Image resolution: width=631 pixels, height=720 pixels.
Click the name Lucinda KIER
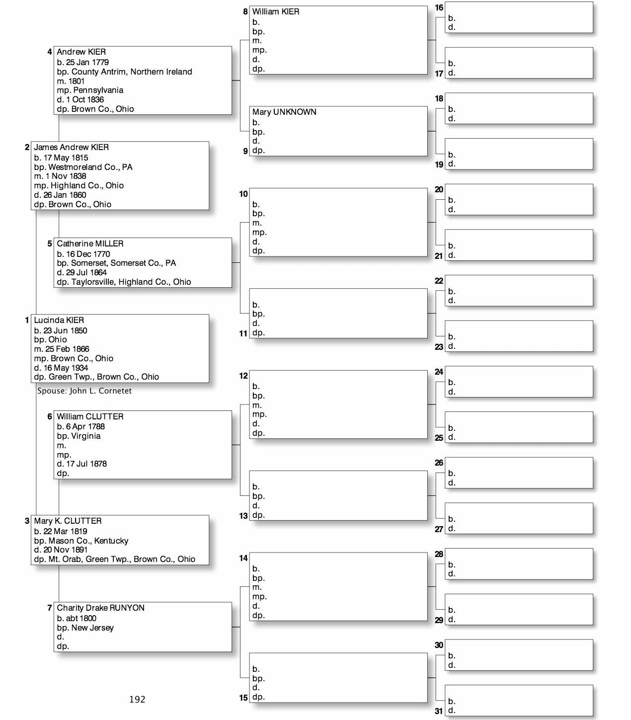(59, 320)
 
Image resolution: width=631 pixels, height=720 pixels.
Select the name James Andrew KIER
(71, 148)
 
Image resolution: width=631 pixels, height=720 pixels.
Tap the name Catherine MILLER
(90, 244)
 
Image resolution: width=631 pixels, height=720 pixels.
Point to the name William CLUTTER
(90, 417)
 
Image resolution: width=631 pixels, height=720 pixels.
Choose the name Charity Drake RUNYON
(100, 608)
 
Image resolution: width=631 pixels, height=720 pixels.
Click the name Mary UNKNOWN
(284, 112)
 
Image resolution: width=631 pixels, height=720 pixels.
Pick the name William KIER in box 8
(275, 12)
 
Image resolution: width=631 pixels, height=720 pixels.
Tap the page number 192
(137, 700)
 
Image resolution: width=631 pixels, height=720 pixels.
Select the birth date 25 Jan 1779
(87, 63)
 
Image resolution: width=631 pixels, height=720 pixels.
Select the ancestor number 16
(439, 8)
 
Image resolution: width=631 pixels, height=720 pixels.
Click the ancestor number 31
(439, 711)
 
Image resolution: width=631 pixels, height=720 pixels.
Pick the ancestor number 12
(243, 376)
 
